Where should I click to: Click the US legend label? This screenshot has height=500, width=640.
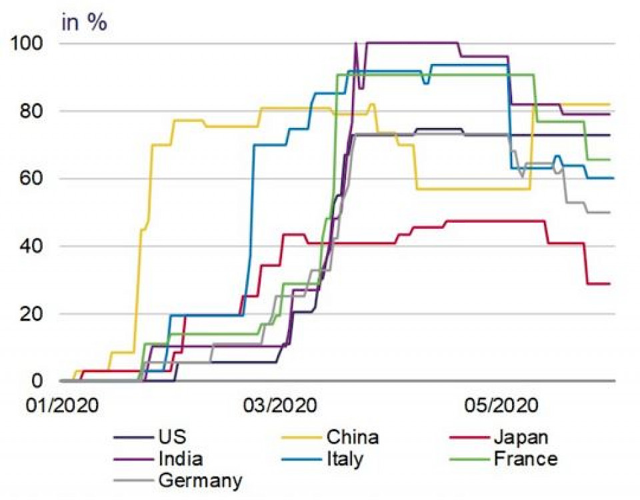point(173,437)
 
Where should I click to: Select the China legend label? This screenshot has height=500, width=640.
point(353,437)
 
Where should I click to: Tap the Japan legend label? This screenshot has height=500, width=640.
point(521,437)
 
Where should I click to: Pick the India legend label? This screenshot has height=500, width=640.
point(181,459)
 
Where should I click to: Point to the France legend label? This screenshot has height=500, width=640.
point(525,459)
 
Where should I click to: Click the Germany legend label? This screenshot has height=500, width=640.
point(200,480)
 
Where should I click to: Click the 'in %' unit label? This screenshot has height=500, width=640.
point(84,22)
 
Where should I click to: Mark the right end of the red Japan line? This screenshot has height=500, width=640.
point(609,284)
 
